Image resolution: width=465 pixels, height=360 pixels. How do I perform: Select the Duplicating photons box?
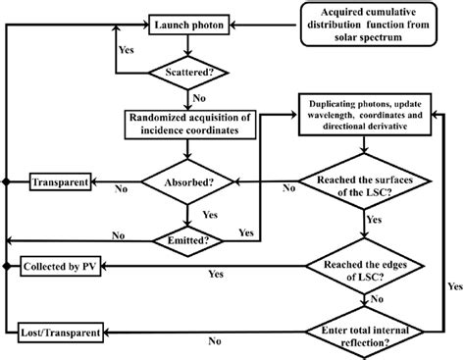coord(367,116)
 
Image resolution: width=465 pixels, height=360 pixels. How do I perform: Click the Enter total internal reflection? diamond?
coord(367,334)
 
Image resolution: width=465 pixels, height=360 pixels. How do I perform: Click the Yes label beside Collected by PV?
coord(212,277)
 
